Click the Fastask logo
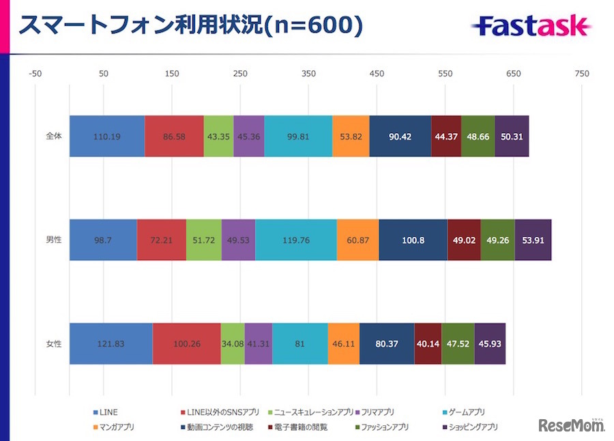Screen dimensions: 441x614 [530, 26]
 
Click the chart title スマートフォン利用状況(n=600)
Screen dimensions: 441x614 [190, 25]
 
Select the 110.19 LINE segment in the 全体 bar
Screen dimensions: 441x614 [106, 136]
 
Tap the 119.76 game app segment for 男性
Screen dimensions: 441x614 [295, 240]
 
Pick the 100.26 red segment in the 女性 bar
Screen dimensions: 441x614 [186, 344]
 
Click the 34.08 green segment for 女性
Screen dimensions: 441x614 [232, 344]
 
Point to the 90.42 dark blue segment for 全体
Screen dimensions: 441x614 [399, 136]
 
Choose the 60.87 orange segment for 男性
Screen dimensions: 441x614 [357, 240]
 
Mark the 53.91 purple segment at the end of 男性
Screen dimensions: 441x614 [532, 240]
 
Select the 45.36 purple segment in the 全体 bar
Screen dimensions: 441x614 [248, 136]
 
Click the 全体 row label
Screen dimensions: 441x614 [53, 136]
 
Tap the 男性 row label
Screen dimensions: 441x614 [53, 240]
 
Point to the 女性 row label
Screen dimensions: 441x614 [53, 344]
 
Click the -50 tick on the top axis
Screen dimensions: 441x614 [35, 74]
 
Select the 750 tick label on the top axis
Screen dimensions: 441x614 [581, 74]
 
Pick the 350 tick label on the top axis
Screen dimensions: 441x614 [308, 74]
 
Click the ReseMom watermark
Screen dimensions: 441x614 [571, 425]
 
